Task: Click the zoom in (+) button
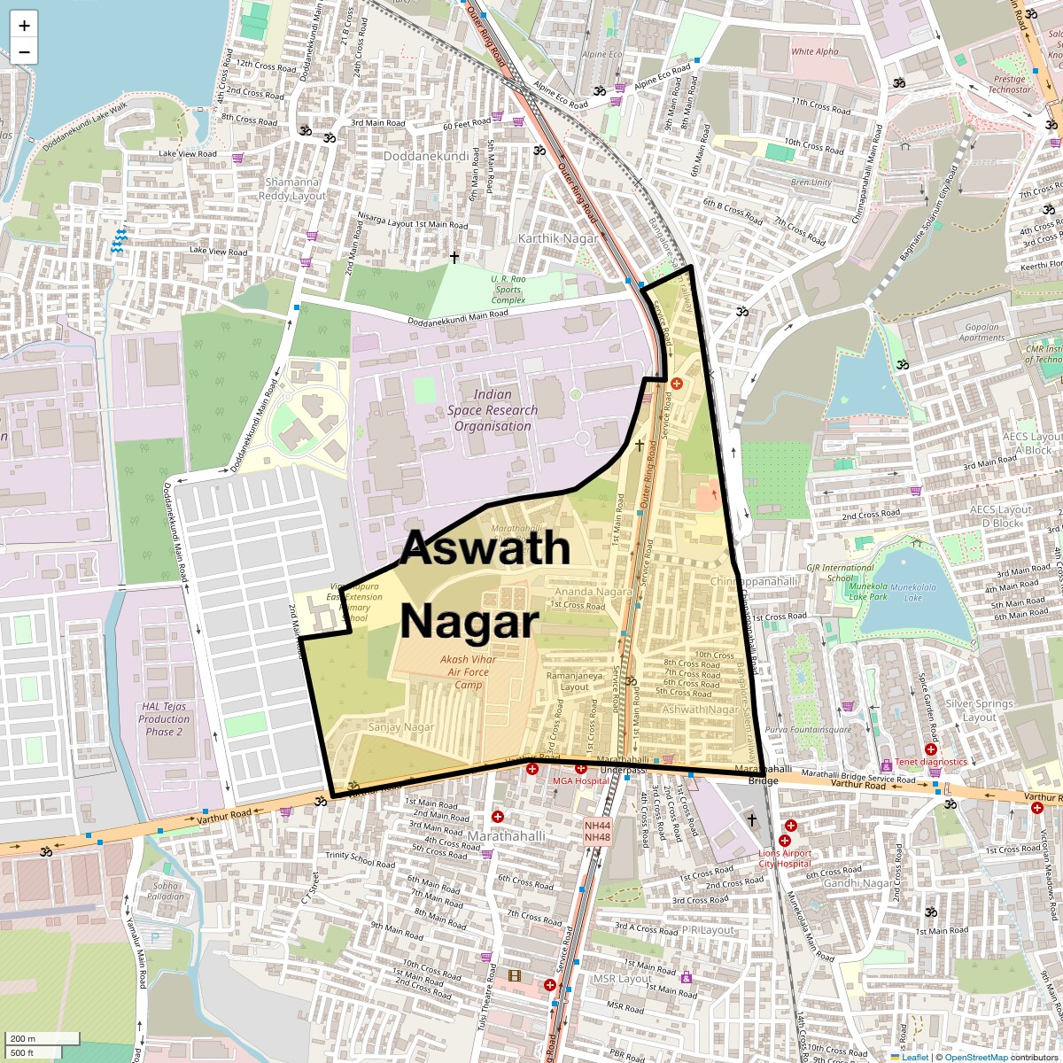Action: tap(24, 26)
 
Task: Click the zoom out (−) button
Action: tap(24, 52)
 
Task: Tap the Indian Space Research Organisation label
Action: tap(493, 410)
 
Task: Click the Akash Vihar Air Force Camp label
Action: tap(469, 671)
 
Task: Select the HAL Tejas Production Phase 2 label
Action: tap(164, 719)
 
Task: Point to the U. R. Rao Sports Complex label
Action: tap(508, 290)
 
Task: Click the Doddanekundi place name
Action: tap(426, 156)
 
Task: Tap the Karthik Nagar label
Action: tap(558, 238)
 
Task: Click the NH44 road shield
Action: tap(597, 825)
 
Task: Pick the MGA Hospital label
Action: tap(581, 781)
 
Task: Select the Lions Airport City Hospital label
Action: tap(785, 858)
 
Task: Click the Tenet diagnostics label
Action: tap(931, 762)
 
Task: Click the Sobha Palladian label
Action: tap(166, 890)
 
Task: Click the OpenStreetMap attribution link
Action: tap(975, 1057)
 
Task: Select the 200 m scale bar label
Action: tap(24, 1039)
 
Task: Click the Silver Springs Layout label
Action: tap(979, 710)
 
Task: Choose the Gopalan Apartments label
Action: tap(982, 332)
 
